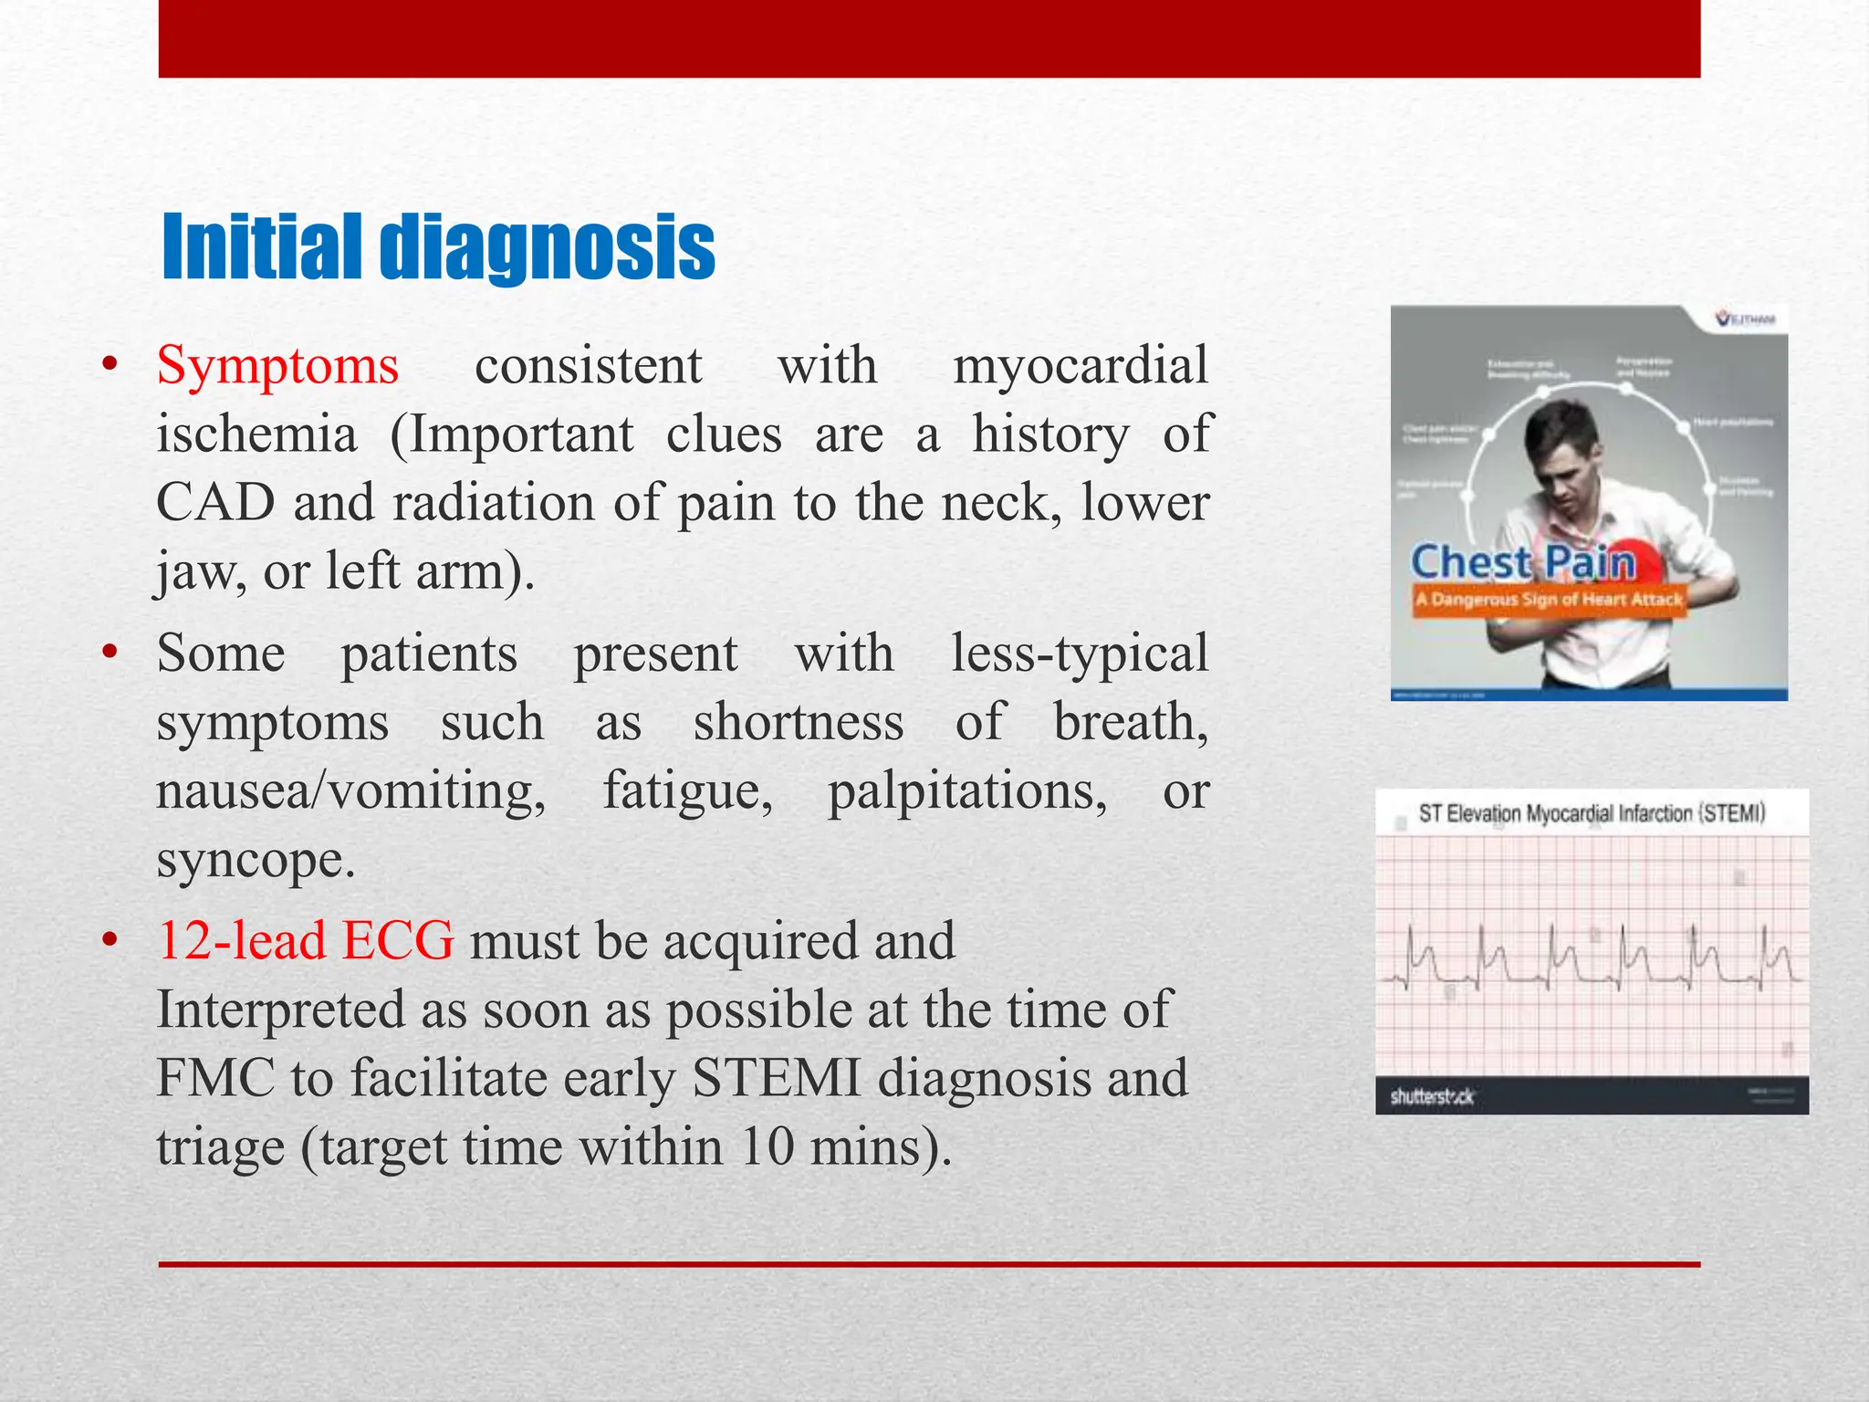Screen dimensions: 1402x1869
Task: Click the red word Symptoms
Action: [277, 366]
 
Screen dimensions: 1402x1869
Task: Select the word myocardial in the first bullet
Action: [1081, 366]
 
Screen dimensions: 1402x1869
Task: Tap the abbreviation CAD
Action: [215, 503]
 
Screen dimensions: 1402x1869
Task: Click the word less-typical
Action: [1079, 654]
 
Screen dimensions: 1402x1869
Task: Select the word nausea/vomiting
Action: [350, 790]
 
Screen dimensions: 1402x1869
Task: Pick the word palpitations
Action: [967, 790]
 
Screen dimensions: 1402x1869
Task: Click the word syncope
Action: [256, 860]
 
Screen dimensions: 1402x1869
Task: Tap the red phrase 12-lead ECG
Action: [305, 941]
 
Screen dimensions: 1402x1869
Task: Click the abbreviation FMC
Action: [215, 1078]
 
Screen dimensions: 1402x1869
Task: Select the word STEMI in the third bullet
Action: [776, 1078]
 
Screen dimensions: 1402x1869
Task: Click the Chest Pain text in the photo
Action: [1522, 562]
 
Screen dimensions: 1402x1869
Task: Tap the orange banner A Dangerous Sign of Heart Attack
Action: [1548, 600]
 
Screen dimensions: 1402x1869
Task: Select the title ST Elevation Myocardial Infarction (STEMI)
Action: [1592, 813]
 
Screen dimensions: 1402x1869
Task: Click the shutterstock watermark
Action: [1431, 1096]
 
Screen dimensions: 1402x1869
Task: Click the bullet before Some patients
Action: [110, 654]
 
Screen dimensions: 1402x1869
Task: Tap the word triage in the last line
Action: [220, 1148]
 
